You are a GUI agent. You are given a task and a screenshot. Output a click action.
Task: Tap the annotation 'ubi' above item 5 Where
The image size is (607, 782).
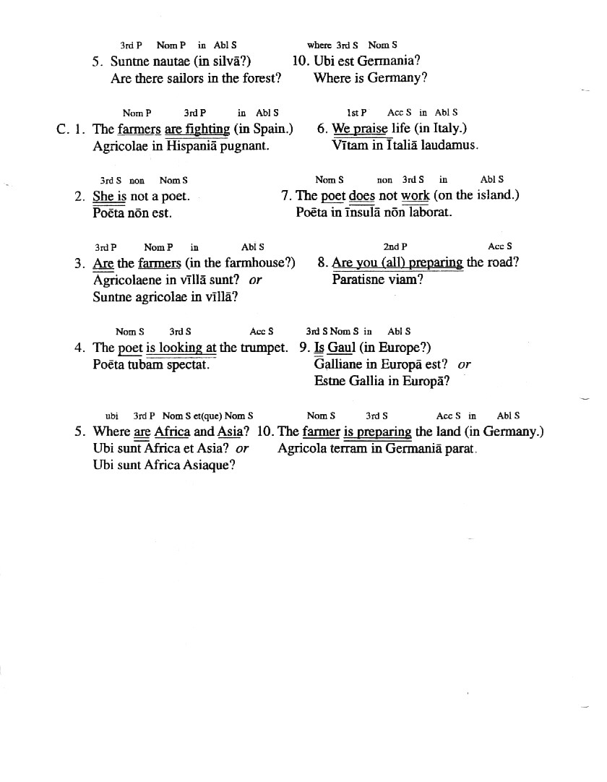pyautogui.click(x=111, y=416)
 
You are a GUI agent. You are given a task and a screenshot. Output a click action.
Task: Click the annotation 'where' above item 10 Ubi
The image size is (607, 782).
pyautogui.click(x=319, y=45)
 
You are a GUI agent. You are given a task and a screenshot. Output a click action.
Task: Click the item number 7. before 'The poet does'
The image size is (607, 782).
pyautogui.click(x=286, y=196)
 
